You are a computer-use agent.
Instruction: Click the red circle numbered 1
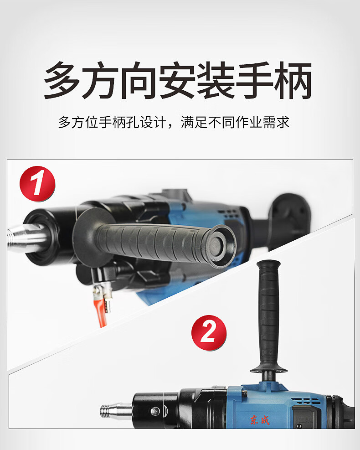[x=37, y=184]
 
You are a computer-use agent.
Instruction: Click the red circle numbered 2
[x=209, y=333]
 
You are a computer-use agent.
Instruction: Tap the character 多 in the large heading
[x=62, y=80]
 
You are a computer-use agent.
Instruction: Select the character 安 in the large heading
[x=178, y=80]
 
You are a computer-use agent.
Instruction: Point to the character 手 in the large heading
[x=255, y=80]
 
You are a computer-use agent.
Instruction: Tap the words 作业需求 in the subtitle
[x=262, y=122]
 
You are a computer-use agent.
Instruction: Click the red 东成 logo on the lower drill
[x=260, y=420]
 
